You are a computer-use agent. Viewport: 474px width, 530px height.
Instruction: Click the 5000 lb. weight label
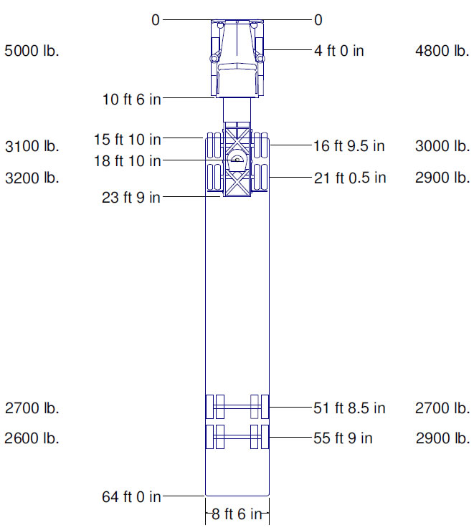[32, 51]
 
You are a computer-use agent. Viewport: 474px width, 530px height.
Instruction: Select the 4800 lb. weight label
[442, 51]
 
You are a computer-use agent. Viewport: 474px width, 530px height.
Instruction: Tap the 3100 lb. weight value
[32, 146]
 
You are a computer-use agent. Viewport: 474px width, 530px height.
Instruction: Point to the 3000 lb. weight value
[442, 146]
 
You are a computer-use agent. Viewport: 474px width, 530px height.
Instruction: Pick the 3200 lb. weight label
[32, 178]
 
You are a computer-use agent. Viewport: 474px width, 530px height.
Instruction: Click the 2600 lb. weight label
[32, 438]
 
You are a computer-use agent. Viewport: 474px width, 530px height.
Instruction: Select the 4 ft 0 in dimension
[339, 51]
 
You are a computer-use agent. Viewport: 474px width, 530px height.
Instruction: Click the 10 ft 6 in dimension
[132, 100]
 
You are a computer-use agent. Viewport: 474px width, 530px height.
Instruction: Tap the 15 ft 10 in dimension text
[127, 139]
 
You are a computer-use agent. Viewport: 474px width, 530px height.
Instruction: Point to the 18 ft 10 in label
[127, 161]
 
